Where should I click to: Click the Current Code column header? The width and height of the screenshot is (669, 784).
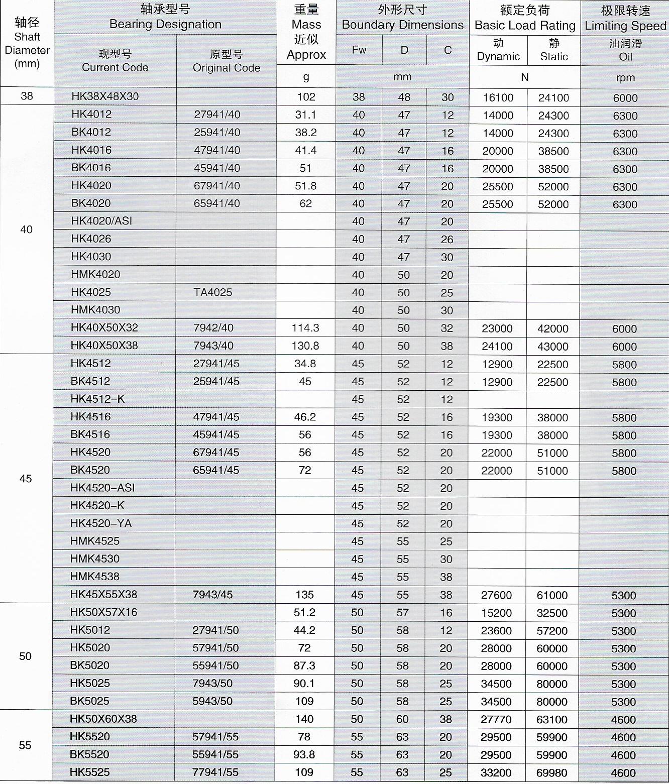[115, 61]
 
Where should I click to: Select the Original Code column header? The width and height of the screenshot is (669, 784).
[227, 61]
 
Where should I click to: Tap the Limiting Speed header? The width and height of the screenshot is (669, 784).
[625, 18]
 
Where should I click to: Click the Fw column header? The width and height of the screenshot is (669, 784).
[359, 50]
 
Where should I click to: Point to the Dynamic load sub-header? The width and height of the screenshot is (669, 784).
[498, 50]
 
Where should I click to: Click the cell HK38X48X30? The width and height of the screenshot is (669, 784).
[105, 96]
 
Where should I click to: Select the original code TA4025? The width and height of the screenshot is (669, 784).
[213, 292]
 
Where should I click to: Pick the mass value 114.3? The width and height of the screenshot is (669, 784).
[305, 328]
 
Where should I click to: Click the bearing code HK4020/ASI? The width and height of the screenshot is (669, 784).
[101, 221]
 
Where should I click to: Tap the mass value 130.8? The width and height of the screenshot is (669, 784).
[305, 346]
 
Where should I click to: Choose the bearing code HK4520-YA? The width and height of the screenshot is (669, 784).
[101, 523]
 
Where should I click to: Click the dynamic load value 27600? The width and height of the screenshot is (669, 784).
[497, 595]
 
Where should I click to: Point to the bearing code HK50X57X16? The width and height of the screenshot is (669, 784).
[103, 612]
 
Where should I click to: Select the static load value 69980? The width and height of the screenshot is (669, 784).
[552, 773]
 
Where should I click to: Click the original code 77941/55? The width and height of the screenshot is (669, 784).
[215, 772]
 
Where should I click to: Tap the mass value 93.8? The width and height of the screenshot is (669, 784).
[304, 755]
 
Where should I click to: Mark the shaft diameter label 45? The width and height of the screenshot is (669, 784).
[26, 479]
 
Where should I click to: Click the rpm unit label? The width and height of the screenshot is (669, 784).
[625, 78]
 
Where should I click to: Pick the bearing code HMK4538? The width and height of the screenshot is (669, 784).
[95, 577]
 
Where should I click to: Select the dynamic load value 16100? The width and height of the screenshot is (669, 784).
[498, 98]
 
